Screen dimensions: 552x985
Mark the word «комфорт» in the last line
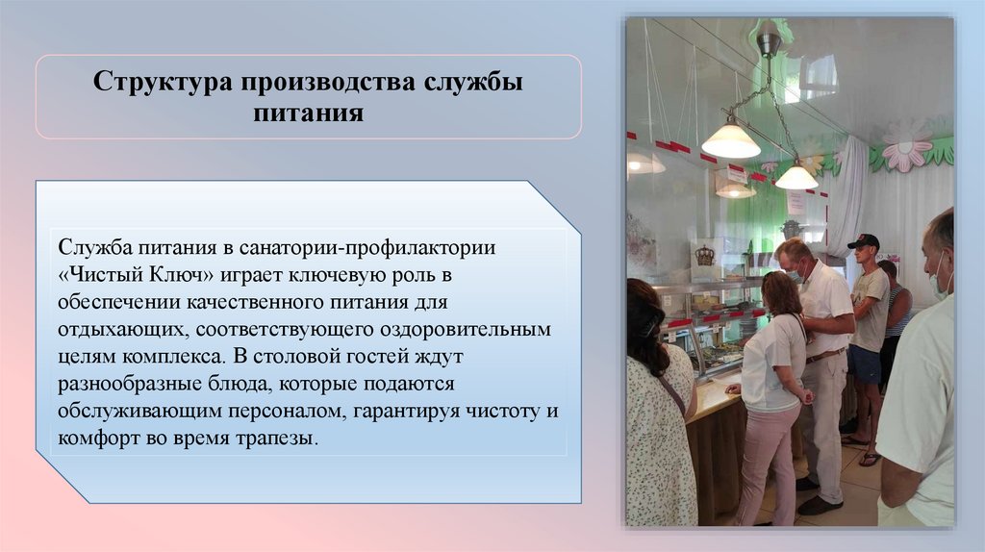click(x=96, y=439)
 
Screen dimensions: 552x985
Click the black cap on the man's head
click(x=863, y=240)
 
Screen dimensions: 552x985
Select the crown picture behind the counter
click(x=705, y=255)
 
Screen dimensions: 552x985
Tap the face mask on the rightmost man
click(x=938, y=285)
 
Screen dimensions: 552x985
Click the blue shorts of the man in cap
click(x=865, y=364)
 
